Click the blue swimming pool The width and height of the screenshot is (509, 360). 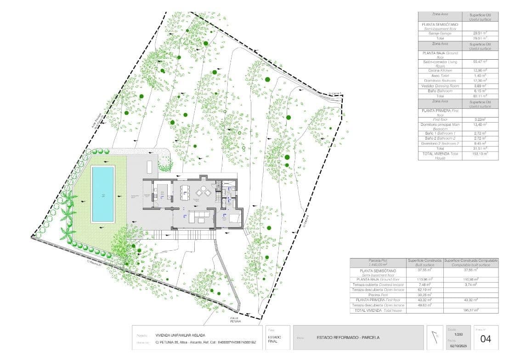[103, 194]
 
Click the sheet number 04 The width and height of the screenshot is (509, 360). [486, 339]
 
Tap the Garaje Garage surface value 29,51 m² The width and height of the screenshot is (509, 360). [480, 34]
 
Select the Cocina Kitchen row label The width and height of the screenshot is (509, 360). [440, 70]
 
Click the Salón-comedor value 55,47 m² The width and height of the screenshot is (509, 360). [480, 61]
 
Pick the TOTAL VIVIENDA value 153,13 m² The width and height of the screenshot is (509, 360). [480, 154]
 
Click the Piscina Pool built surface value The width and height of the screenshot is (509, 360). [424, 295]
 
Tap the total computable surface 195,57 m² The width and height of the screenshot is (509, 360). [471, 310]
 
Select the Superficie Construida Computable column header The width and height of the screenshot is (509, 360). [471, 263]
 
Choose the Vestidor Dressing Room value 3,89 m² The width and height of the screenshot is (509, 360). [480, 86]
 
